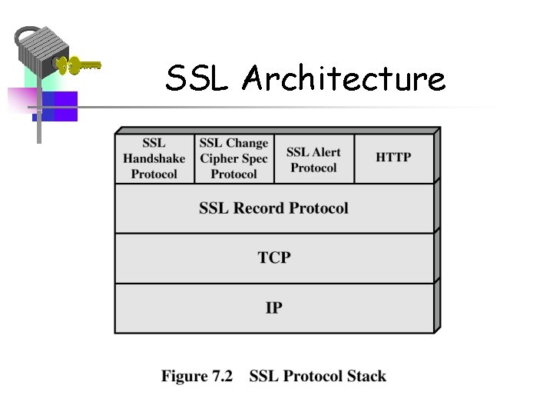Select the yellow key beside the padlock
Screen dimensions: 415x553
coord(80,65)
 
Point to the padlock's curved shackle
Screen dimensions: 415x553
coord(27,35)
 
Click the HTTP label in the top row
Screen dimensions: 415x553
coord(393,158)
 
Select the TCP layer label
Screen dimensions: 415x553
coord(274,257)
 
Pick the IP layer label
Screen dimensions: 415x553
coord(274,307)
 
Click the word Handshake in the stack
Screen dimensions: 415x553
coord(154,158)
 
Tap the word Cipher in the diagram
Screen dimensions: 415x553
coord(219,158)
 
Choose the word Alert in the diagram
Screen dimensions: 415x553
coord(326,151)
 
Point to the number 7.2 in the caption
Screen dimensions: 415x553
coord(220,377)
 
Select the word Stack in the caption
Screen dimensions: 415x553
coord(366,377)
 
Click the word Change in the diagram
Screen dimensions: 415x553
coord(247,143)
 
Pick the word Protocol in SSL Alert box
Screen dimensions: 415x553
coord(313,167)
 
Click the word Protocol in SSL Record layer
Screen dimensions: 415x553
coord(318,208)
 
